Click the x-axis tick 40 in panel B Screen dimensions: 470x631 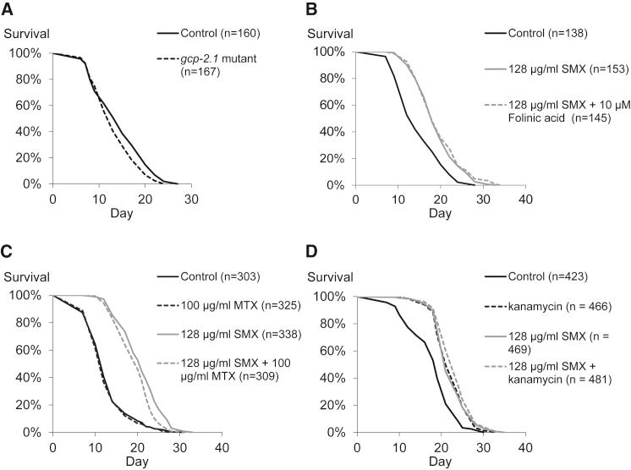pos(525,199)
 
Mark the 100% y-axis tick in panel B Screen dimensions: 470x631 pos(332,52)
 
